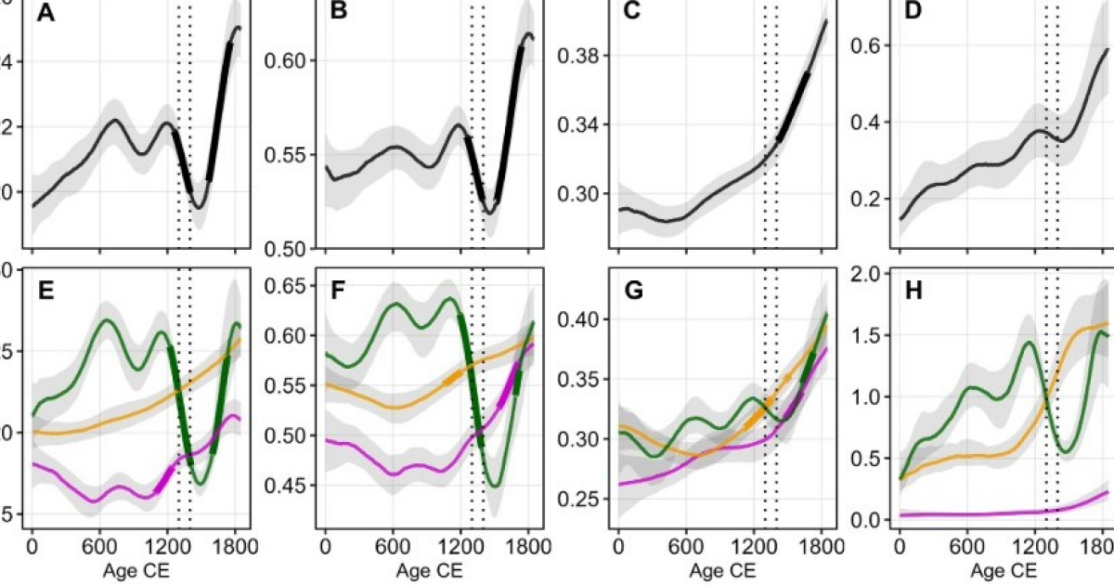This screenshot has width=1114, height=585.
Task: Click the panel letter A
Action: tap(44, 15)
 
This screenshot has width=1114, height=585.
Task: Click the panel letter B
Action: tap(338, 15)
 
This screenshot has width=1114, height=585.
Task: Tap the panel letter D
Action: tap(911, 15)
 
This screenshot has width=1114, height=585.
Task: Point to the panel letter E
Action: tap(44, 291)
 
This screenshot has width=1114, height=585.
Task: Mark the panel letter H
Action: tap(911, 291)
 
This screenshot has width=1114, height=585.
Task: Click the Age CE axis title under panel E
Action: tap(134, 565)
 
